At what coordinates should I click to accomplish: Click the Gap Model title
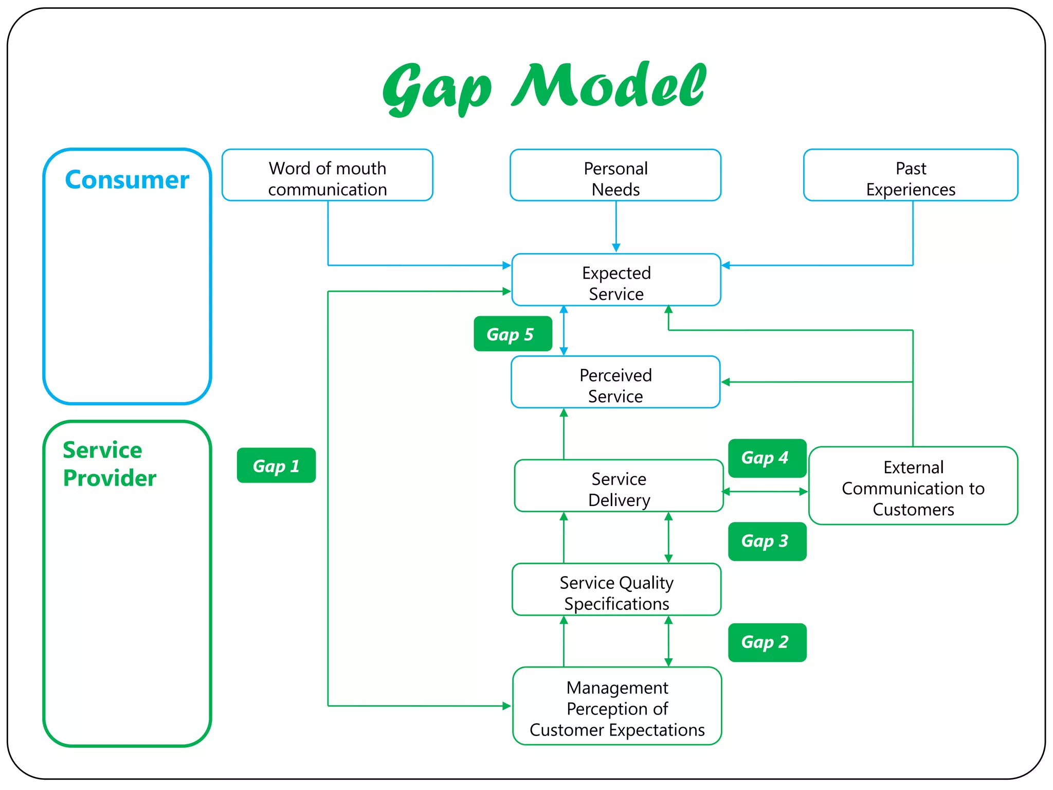pyautogui.click(x=544, y=86)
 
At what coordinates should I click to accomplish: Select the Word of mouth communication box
pyautogui.click(x=328, y=175)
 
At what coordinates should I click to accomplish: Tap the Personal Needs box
pyautogui.click(x=615, y=175)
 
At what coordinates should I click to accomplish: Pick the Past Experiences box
pyautogui.click(x=911, y=175)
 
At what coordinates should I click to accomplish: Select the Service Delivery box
pyautogui.click(x=619, y=486)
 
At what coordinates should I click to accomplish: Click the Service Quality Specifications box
pyautogui.click(x=616, y=590)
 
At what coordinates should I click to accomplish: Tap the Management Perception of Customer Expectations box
pyautogui.click(x=617, y=706)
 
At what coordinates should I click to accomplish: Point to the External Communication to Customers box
pyautogui.click(x=913, y=486)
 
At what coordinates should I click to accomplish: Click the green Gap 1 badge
pyautogui.click(x=276, y=465)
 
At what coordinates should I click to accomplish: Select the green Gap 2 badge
pyautogui.click(x=767, y=642)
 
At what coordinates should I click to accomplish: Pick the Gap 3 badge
pyautogui.click(x=767, y=542)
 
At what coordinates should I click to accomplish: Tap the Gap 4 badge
pyautogui.click(x=767, y=458)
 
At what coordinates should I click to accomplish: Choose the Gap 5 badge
pyautogui.click(x=513, y=334)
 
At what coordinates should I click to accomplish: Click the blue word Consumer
pyautogui.click(x=127, y=179)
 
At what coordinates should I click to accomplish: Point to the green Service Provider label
pyautogui.click(x=109, y=463)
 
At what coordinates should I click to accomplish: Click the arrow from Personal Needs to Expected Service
pyautogui.click(x=616, y=226)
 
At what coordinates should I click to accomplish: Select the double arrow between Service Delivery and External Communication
pyautogui.click(x=765, y=492)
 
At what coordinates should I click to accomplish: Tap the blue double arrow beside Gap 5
pyautogui.click(x=564, y=331)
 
